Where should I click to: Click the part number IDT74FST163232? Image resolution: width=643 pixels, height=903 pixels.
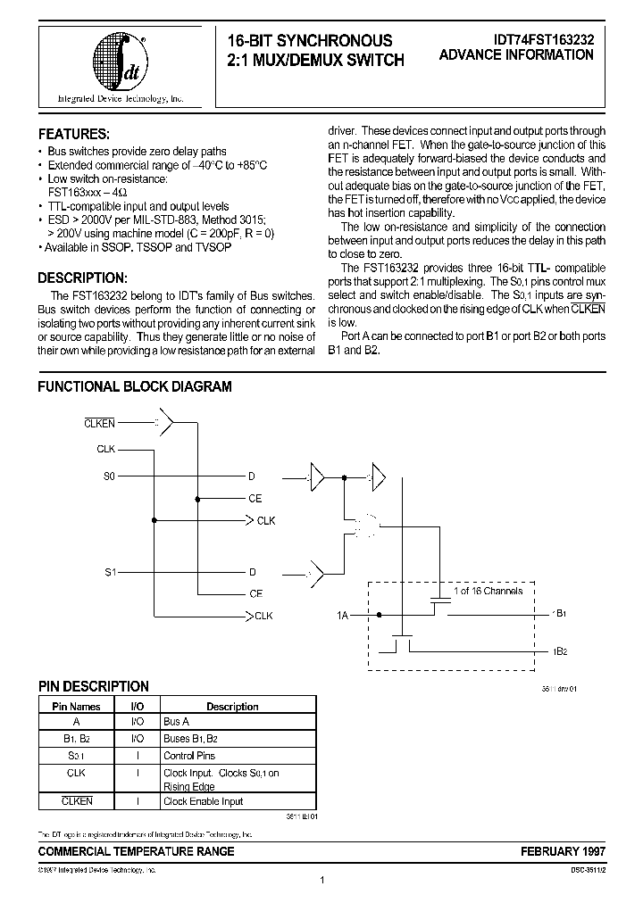(x=542, y=40)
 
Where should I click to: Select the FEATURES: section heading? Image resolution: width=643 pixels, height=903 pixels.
(x=73, y=134)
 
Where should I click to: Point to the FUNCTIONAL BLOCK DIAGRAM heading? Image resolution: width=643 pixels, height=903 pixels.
(x=134, y=386)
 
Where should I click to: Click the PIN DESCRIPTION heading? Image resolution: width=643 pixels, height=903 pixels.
(x=93, y=686)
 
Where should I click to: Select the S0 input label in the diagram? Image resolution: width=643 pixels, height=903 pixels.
(x=109, y=477)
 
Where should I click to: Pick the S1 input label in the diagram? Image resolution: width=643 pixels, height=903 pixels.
(x=109, y=571)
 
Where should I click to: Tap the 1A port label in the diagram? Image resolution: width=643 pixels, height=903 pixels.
(x=342, y=615)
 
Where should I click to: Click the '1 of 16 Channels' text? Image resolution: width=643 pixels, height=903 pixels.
(x=489, y=591)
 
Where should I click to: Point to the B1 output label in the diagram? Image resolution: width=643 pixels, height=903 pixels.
(x=561, y=615)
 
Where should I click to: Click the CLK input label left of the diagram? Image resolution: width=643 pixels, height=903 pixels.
(x=105, y=449)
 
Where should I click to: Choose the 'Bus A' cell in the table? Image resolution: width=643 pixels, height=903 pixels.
(x=176, y=721)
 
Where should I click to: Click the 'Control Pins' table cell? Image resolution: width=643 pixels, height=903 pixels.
(x=190, y=756)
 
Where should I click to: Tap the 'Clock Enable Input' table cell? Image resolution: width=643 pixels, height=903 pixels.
(x=203, y=802)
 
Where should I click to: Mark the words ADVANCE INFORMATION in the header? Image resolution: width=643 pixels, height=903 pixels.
(x=516, y=55)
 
